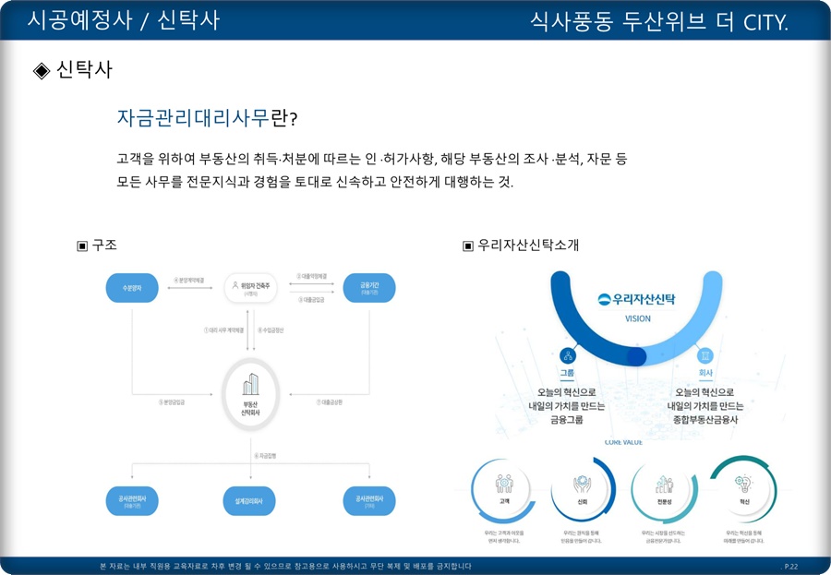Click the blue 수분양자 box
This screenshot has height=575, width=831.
click(x=132, y=288)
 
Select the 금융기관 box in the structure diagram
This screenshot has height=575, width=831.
click(x=369, y=288)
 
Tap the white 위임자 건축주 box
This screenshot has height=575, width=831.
click(x=251, y=288)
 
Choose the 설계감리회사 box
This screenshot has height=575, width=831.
click(x=251, y=501)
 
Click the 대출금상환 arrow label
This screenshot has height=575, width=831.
click(x=330, y=402)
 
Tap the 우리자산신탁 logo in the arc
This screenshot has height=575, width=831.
click(x=637, y=299)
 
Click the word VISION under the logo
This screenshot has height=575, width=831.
click(x=637, y=318)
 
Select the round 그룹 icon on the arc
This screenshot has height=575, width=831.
click(x=567, y=355)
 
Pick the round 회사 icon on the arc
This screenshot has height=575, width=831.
click(x=705, y=355)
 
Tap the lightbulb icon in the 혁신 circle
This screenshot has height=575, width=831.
click(x=742, y=482)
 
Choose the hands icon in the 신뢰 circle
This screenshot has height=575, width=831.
click(x=583, y=483)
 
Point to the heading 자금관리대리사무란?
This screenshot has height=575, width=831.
click(x=207, y=119)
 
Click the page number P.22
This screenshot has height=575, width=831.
click(x=790, y=565)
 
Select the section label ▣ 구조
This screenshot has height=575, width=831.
click(x=96, y=245)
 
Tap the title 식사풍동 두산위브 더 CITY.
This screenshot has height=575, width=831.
click(x=659, y=21)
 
